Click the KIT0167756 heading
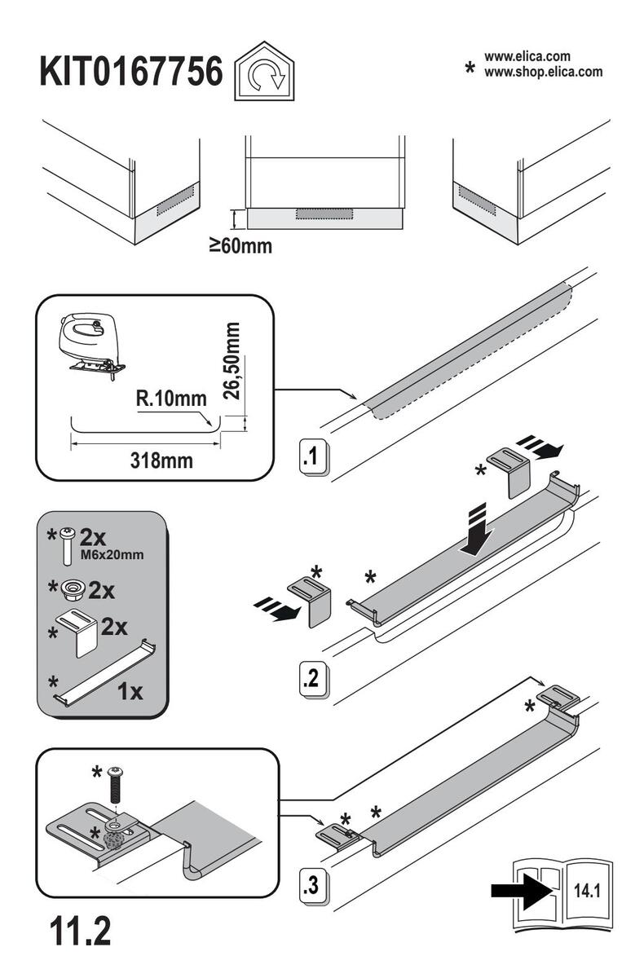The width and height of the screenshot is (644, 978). click(131, 72)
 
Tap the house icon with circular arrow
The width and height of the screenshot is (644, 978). click(265, 71)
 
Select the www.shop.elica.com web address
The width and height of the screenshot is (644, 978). click(544, 72)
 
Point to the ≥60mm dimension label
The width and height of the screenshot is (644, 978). click(240, 246)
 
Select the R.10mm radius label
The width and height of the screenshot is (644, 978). click(171, 399)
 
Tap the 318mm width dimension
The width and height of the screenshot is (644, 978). click(161, 461)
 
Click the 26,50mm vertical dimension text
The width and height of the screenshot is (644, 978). click(231, 361)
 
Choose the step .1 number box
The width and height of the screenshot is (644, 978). click(314, 456)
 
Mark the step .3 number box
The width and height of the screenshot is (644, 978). click(314, 887)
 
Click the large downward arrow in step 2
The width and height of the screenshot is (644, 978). click(478, 530)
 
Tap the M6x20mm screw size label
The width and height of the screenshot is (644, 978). click(112, 555)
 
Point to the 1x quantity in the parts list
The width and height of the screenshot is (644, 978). click(130, 692)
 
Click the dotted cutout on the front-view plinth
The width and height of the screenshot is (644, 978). click(324, 214)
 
